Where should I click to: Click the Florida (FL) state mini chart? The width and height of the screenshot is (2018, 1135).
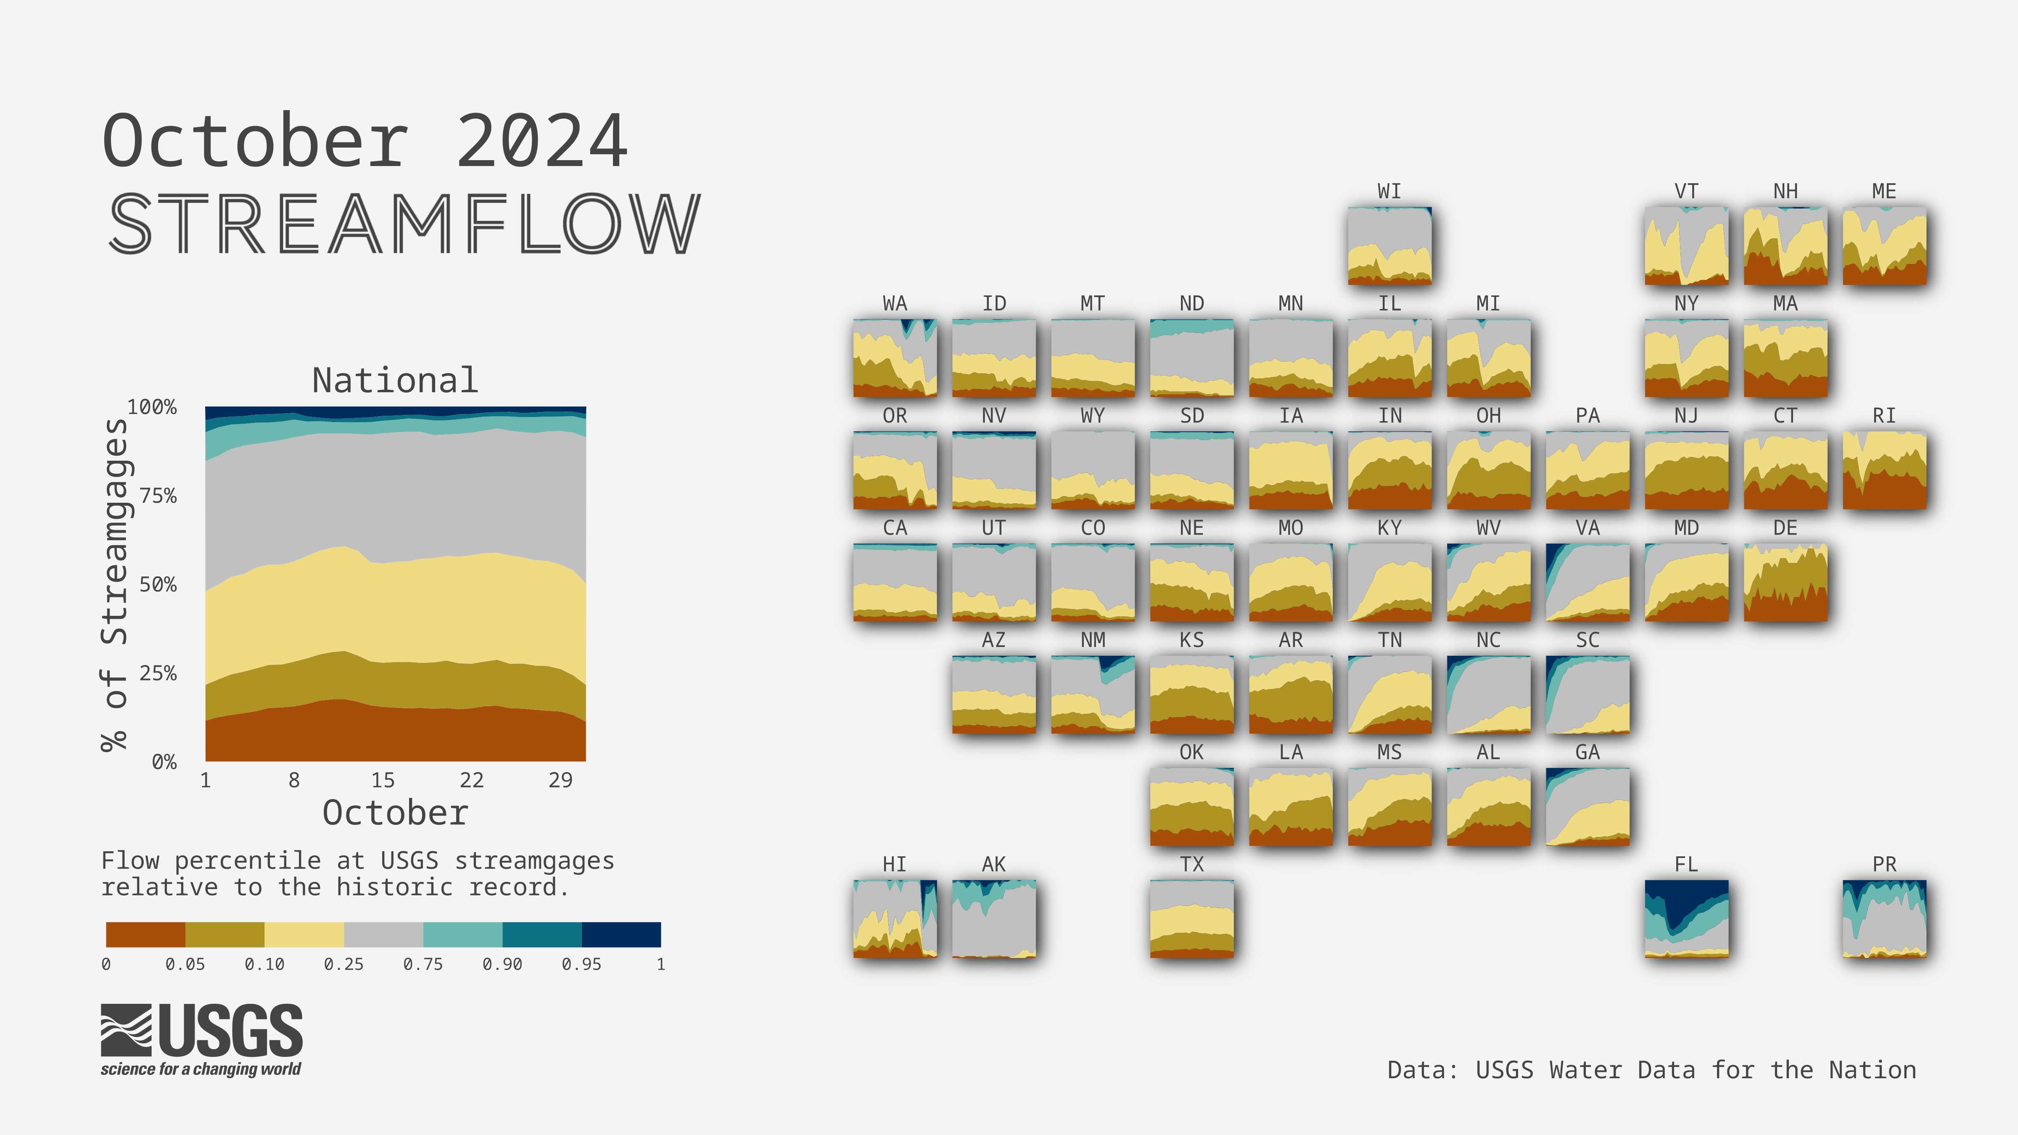pos(1687,919)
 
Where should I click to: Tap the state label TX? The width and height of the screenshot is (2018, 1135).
pos(1191,864)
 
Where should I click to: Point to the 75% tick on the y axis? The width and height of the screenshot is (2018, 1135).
pos(158,496)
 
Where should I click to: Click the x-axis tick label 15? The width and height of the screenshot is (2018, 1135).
pos(382,780)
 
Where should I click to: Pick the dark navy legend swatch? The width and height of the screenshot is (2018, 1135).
pos(621,934)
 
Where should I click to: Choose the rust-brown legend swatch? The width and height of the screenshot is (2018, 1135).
pos(146,934)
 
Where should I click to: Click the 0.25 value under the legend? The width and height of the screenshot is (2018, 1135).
pos(344,964)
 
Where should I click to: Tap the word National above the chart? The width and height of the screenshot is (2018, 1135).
pos(395,381)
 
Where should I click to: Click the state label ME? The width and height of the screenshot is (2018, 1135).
pos(1884,191)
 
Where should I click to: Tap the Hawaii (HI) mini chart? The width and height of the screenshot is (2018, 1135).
pos(895,919)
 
